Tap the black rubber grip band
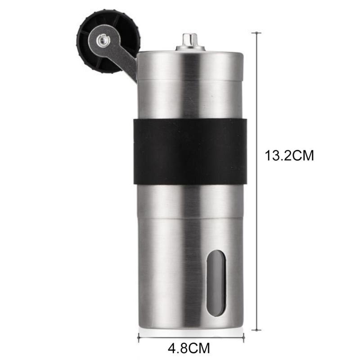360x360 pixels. point(189,153)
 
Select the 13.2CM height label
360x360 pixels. point(289,156)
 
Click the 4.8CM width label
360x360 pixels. point(189,348)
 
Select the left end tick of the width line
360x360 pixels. point(138,334)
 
